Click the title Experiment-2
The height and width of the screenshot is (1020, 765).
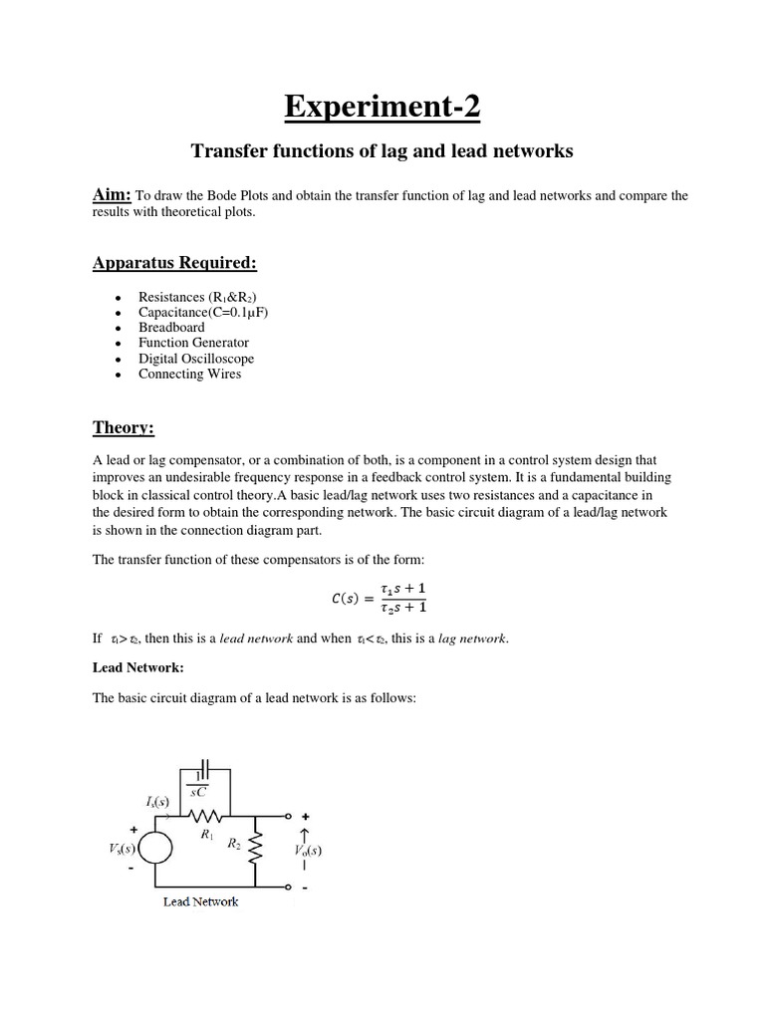coord(382,106)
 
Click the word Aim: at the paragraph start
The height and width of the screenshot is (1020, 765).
coord(113,195)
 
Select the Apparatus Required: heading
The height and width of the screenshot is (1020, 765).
coord(174,263)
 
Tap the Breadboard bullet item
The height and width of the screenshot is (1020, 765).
coord(171,327)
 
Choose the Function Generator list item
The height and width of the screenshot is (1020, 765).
coord(193,343)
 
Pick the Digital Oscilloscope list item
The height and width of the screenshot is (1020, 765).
coord(195,359)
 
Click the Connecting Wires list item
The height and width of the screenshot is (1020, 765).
coord(189,375)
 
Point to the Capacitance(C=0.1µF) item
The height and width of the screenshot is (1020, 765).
coord(203,312)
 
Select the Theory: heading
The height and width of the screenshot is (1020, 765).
coord(124,427)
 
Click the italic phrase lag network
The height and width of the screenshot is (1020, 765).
coord(473,638)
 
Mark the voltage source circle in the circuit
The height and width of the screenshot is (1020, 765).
coord(154,849)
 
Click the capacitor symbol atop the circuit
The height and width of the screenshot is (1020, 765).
coord(203,769)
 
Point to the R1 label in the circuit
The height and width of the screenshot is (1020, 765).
coord(206,835)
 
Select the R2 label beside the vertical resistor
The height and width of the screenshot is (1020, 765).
coord(235,845)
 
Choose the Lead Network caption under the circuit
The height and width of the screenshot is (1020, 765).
coord(200,902)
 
